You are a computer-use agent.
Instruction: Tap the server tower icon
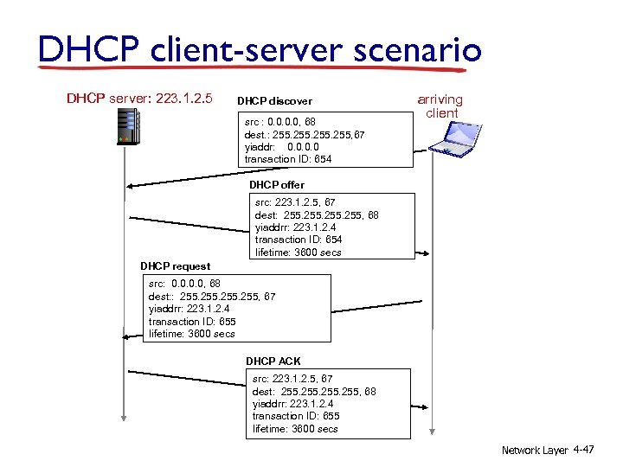coord(127,129)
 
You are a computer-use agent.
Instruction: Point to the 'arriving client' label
coord(440,106)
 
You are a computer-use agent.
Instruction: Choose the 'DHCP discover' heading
coord(274,101)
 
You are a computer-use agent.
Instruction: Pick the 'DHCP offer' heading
coord(277,185)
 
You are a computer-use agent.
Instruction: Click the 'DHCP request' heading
coord(175,266)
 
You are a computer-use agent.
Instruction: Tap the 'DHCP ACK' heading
coord(273,361)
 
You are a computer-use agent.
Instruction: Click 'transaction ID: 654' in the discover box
coord(288,159)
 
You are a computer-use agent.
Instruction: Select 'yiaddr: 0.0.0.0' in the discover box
coord(282,147)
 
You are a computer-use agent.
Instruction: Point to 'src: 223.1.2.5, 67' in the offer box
coord(295,202)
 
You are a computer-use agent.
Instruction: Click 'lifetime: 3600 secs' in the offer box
coord(299,253)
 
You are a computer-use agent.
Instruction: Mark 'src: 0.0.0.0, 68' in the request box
coord(184,284)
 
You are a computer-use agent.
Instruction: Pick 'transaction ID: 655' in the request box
coord(192,321)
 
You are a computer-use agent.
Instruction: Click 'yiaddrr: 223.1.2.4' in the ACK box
coord(292,404)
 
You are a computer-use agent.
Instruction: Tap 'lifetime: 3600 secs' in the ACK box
coord(295,429)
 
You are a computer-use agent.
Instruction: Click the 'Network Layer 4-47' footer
coord(548,451)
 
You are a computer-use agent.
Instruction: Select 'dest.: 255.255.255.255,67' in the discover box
coord(305,135)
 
